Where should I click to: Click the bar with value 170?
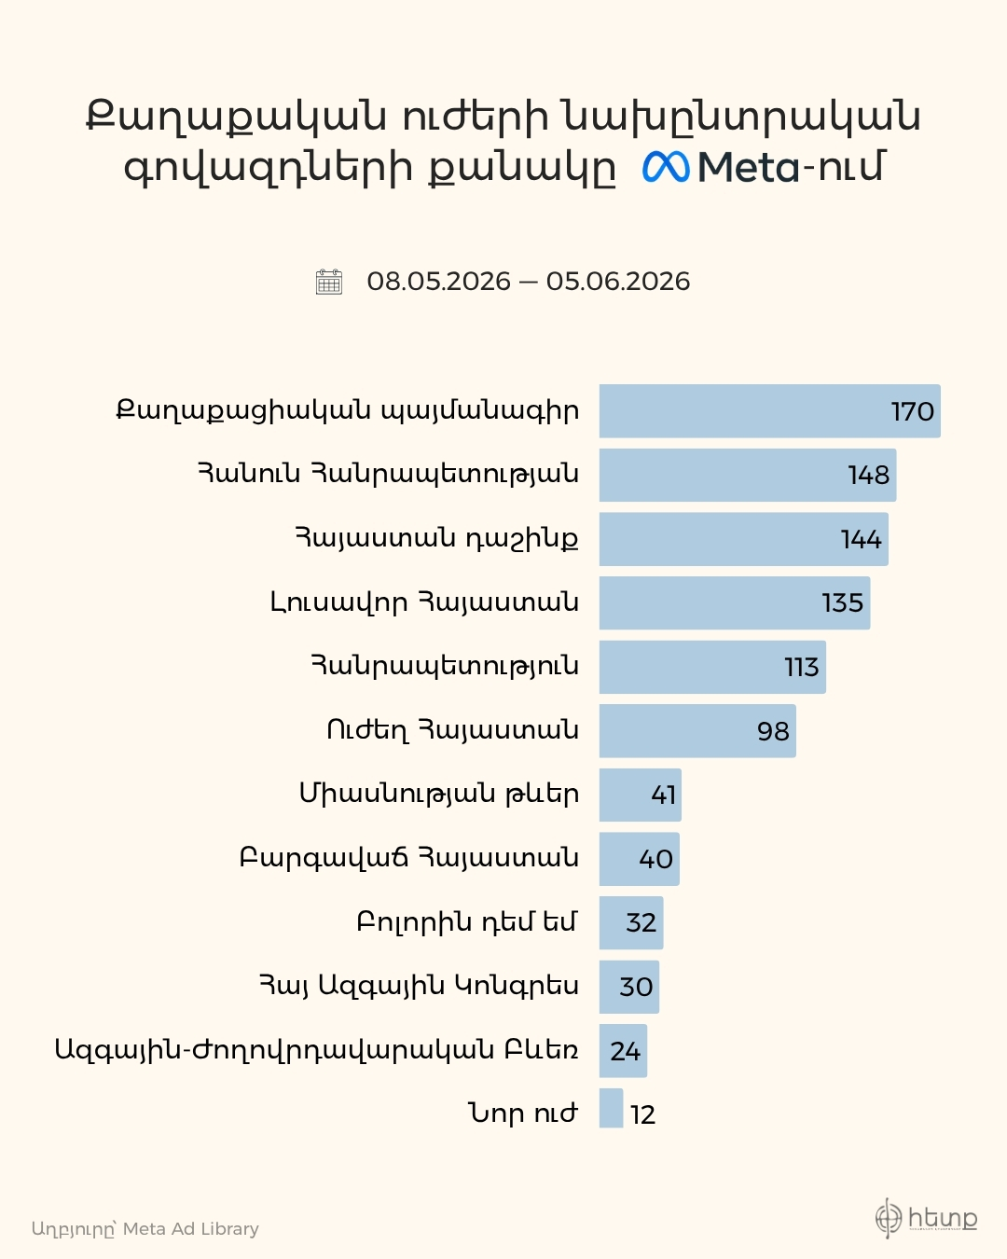[769, 410]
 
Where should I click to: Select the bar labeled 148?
[748, 475]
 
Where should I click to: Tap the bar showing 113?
[712, 667]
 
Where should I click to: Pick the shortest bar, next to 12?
[611, 1108]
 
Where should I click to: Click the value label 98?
[773, 731]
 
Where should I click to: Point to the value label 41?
[664, 796]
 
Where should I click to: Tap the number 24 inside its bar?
[626, 1051]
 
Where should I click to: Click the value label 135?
[843, 603]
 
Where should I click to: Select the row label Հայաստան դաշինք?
[436, 539]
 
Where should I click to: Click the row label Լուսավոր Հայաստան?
[424, 602]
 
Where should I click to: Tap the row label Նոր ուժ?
[524, 1113]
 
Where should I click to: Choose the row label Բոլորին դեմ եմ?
[467, 921]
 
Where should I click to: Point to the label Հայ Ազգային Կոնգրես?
[419, 986]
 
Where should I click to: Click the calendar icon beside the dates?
[329, 282]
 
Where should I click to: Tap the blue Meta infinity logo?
[666, 167]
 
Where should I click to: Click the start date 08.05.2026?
[439, 282]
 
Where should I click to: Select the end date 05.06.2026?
[618, 282]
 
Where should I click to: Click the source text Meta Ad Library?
[191, 1228]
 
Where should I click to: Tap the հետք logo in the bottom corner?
[926, 1218]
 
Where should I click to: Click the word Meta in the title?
[749, 167]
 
